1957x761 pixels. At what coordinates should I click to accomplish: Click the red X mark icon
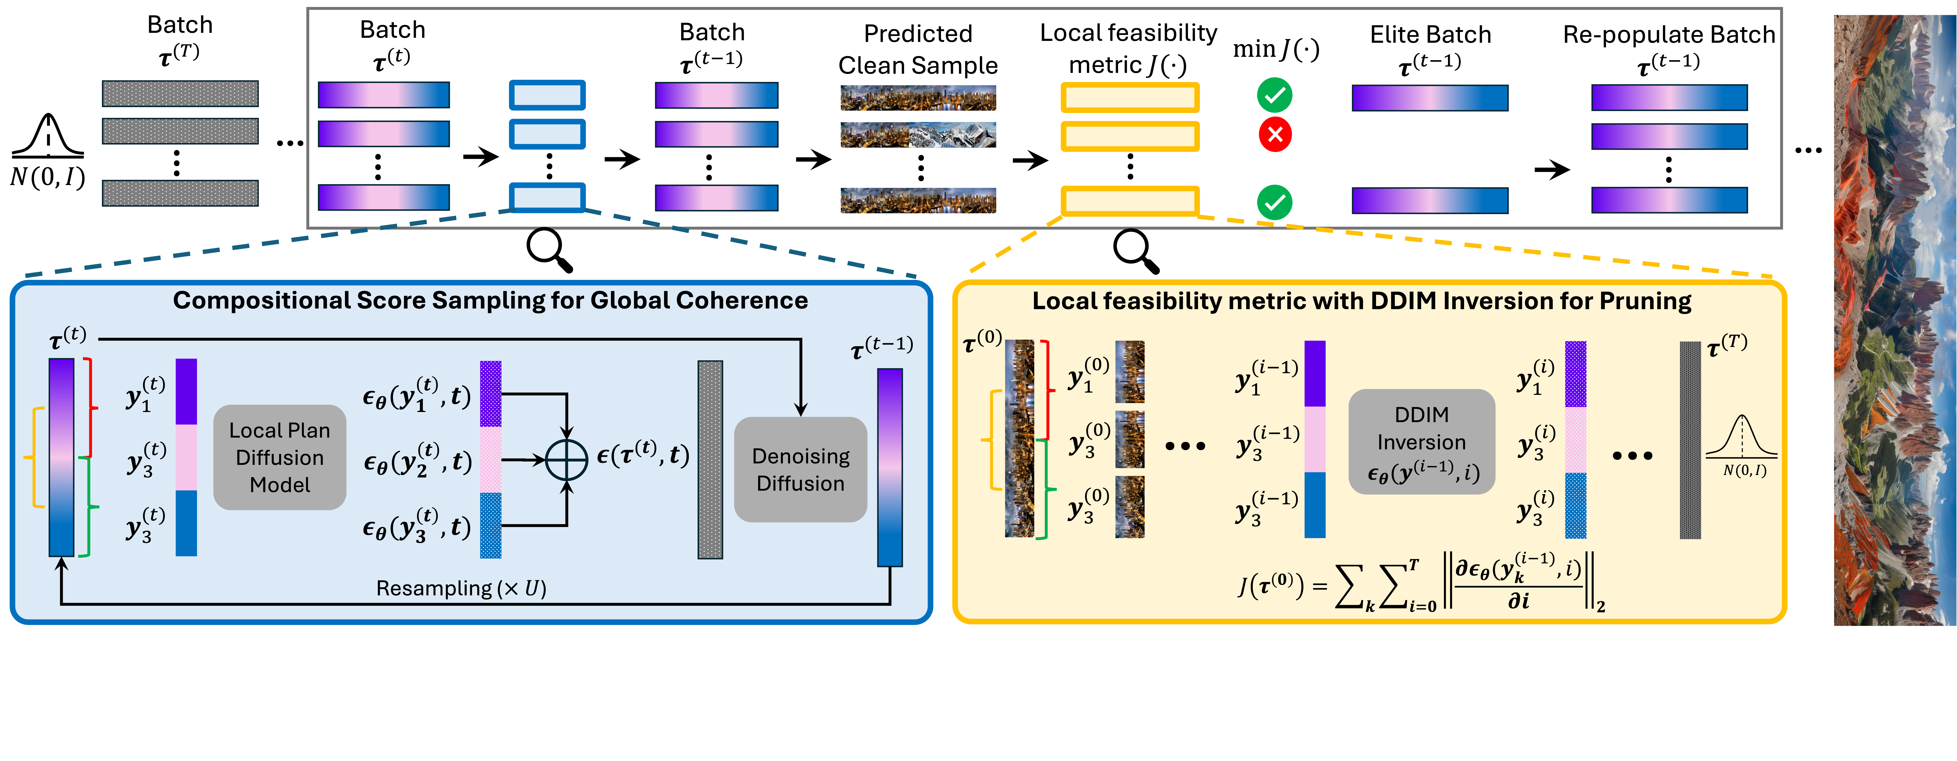coord(1275,135)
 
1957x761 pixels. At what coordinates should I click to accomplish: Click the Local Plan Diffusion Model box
coord(280,457)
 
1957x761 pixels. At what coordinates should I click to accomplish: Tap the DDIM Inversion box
coord(1422,442)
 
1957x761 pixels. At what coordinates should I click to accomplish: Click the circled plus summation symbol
coord(567,460)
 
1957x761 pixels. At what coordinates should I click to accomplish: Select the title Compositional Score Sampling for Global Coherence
coord(490,301)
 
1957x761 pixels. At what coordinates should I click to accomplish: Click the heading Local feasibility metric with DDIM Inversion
coord(1361,302)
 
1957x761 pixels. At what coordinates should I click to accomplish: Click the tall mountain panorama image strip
coord(1895,319)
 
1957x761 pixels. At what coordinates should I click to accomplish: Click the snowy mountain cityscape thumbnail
coord(918,135)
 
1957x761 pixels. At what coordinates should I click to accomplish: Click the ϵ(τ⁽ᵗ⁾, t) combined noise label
coord(643,454)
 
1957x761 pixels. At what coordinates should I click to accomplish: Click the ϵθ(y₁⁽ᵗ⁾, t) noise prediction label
coord(416,395)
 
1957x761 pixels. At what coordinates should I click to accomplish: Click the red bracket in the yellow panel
coord(1047,390)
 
